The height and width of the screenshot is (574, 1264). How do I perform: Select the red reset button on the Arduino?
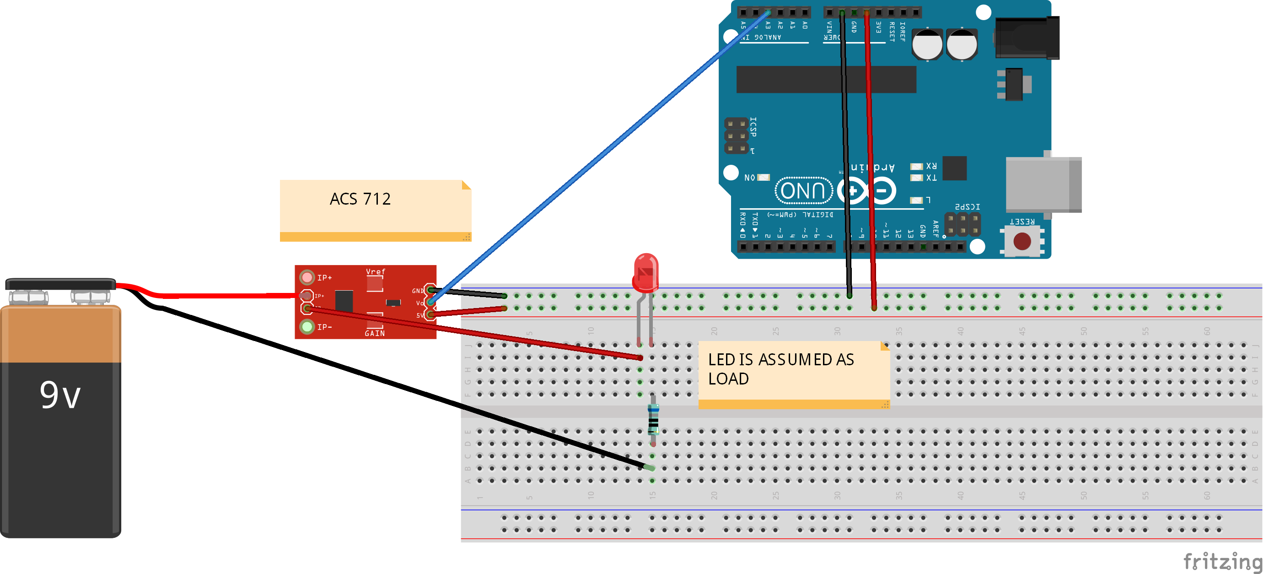tap(1022, 241)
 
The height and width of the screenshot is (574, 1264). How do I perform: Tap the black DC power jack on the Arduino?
tap(1027, 38)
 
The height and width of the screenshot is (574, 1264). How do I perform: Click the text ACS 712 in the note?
tap(360, 199)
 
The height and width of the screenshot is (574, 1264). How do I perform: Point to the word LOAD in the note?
tap(728, 379)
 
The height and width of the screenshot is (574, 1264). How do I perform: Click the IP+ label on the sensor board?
tap(324, 278)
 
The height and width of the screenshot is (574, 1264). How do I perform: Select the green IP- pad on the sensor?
tap(307, 326)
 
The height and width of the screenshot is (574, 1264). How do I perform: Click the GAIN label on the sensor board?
tap(374, 333)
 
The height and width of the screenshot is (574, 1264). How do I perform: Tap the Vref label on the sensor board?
tap(376, 271)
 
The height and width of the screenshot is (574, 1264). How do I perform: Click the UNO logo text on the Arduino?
tap(803, 190)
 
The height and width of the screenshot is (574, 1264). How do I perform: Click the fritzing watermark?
tap(1222, 561)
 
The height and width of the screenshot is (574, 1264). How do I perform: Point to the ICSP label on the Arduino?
tap(753, 127)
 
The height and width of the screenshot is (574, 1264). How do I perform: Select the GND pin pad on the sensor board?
tap(430, 290)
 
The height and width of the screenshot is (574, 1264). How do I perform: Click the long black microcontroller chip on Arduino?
tap(826, 79)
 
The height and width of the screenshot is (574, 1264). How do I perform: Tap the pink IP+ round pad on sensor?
tap(307, 277)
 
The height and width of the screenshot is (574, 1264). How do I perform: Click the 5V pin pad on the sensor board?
tap(430, 314)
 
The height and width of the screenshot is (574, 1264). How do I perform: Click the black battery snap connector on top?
tap(60, 284)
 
